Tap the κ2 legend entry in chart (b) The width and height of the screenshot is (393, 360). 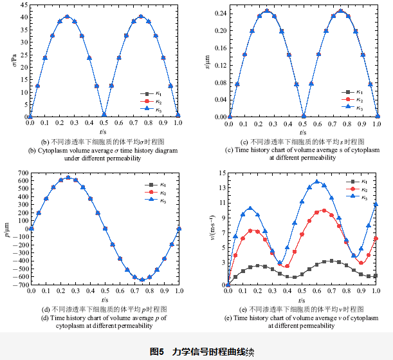tap(155, 101)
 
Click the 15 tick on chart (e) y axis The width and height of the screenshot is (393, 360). tap(221, 173)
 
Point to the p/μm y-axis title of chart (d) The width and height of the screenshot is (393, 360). tap(6, 229)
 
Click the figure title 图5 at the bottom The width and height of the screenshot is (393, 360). tap(158, 352)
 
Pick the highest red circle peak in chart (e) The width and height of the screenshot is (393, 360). tap(324, 210)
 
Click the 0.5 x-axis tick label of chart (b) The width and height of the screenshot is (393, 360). tap(104, 124)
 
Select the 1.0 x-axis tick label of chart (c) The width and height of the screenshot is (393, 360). tap(377, 124)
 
